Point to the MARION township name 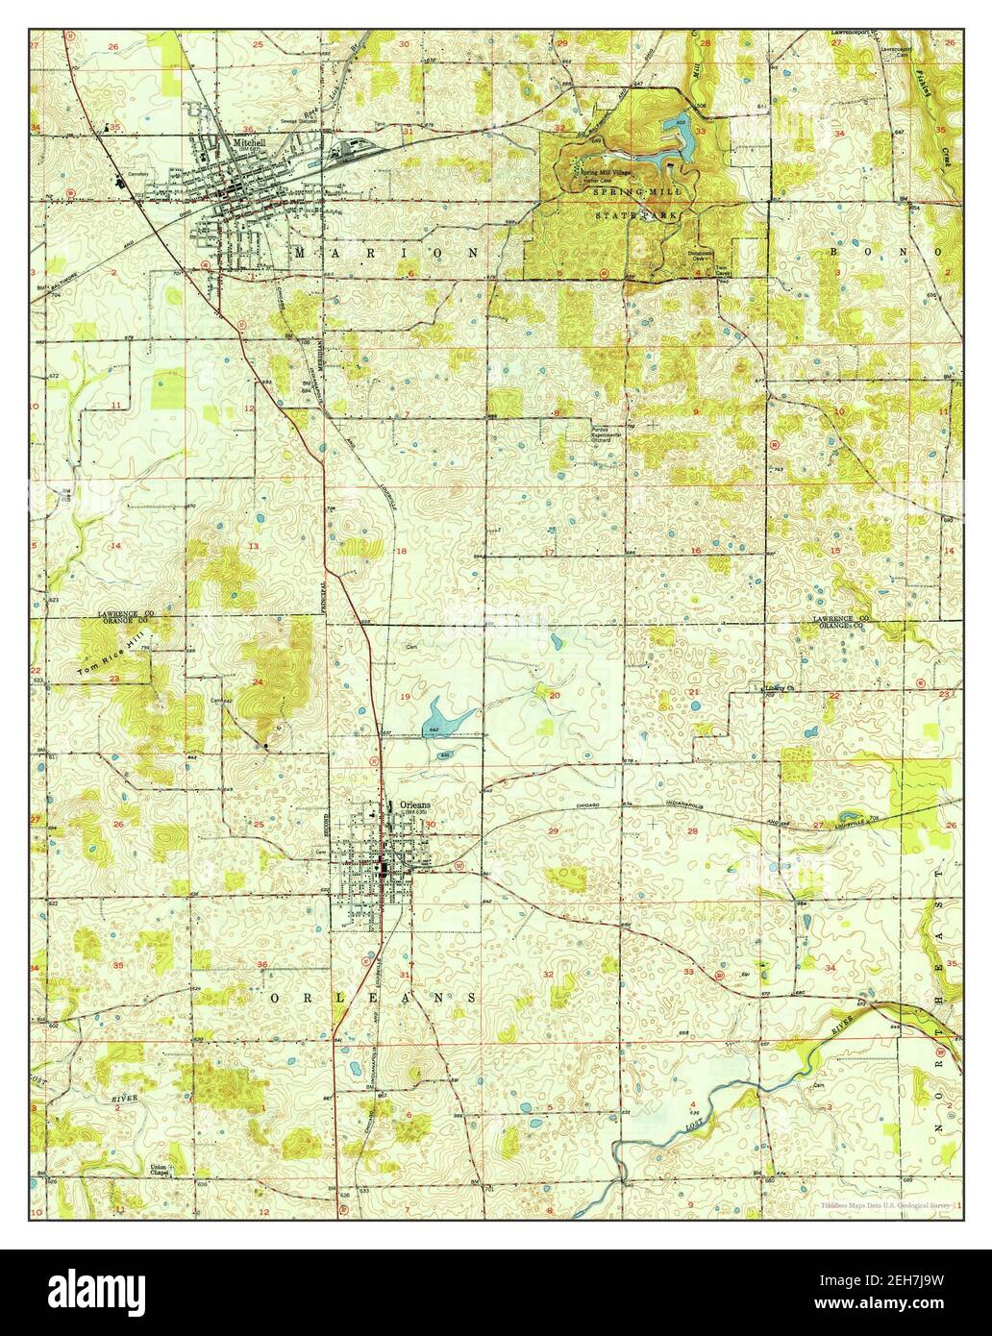click(385, 252)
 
